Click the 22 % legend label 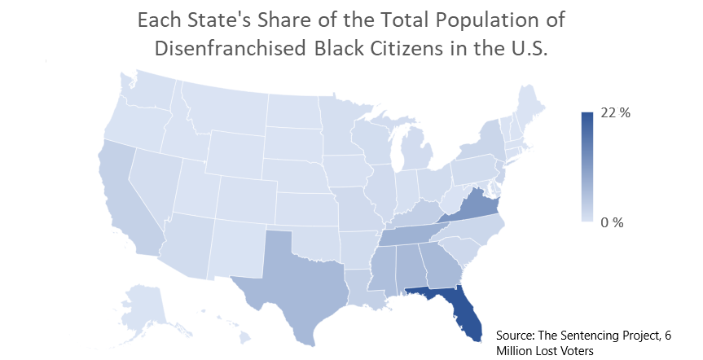(616, 113)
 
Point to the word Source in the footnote (518, 333)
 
